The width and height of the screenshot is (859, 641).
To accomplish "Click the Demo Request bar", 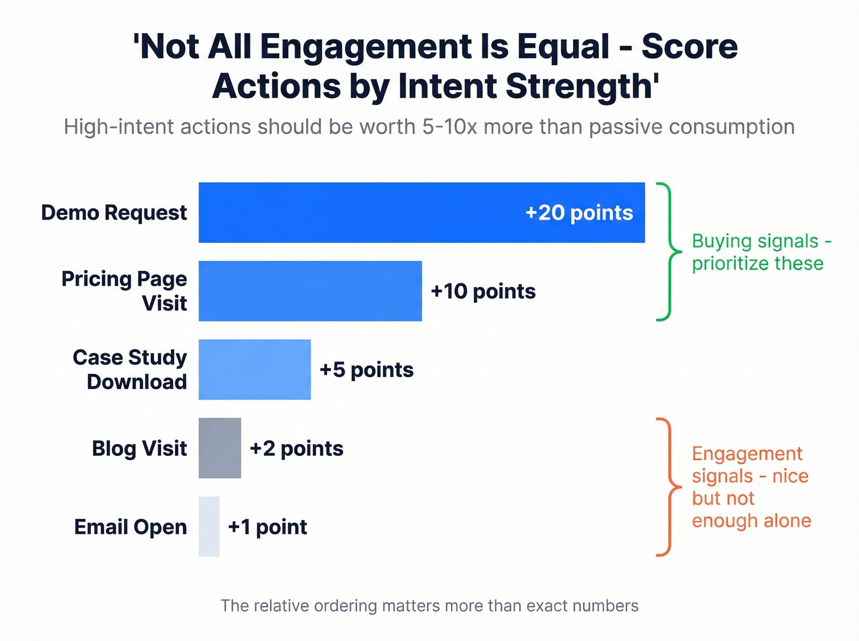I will point(368,212).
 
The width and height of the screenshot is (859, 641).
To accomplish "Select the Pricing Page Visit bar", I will point(310,291).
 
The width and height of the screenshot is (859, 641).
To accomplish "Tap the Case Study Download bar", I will point(255,369).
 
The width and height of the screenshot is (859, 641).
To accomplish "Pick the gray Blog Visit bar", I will point(220,448).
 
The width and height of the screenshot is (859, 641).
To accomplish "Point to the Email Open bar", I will point(209,526).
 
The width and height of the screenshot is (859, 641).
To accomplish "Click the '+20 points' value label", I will point(579,213).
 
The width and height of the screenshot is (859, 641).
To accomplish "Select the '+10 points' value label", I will point(483,291).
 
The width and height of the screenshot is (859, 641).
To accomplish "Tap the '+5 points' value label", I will point(366,370).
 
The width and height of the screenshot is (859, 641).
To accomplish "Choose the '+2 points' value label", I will point(296,448).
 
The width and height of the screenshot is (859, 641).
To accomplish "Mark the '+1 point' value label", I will point(267,527).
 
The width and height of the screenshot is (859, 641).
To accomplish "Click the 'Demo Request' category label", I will point(114,213).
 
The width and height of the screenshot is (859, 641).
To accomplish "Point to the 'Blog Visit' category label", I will point(139,448).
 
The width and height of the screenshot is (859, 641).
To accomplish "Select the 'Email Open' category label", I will point(130,527).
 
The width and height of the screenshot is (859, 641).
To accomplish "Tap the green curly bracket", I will point(669,251).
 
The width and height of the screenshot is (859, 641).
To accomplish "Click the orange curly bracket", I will point(669,487).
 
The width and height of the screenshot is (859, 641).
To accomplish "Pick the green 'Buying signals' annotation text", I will point(761,252).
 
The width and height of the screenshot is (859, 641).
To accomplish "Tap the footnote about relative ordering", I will point(429,606).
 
